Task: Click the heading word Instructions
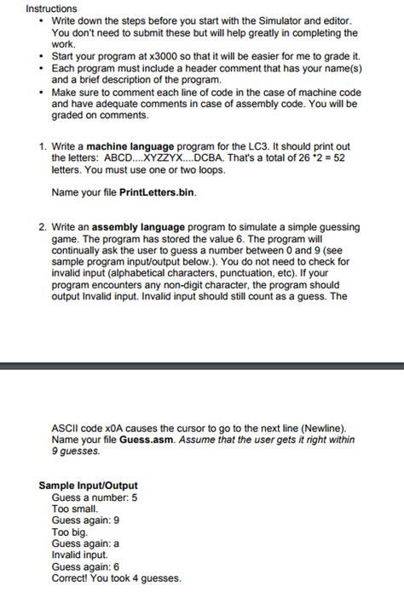pyautogui.click(x=51, y=8)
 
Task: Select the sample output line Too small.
pyautogui.click(x=75, y=509)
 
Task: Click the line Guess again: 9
pyautogui.click(x=85, y=520)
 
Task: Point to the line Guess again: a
pyautogui.click(x=85, y=544)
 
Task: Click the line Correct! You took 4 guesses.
pyautogui.click(x=116, y=578)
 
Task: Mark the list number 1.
pyautogui.click(x=43, y=147)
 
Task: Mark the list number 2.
pyautogui.click(x=43, y=228)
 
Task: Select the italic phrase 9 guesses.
pyautogui.click(x=76, y=451)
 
